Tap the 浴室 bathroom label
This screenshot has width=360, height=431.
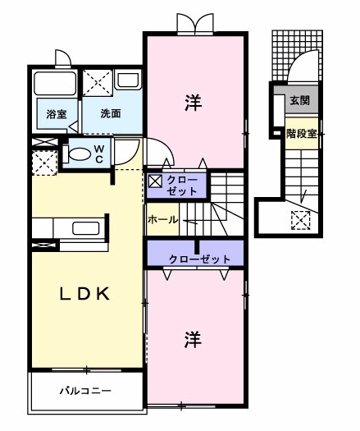pos(56,113)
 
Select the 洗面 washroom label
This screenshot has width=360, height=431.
pos(112,113)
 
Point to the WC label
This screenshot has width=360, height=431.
pos(98,153)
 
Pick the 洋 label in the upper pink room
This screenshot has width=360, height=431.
pos(193,102)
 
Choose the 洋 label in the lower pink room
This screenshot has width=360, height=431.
pos(193,337)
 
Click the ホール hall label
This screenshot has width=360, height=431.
pos(164,220)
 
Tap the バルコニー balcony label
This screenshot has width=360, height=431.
pos(84,390)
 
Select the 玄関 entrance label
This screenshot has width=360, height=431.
pos(299,100)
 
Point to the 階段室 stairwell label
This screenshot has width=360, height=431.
pos(301,133)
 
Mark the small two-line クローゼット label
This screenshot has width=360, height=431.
pos(182,185)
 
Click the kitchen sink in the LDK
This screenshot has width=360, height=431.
pos(86,227)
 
